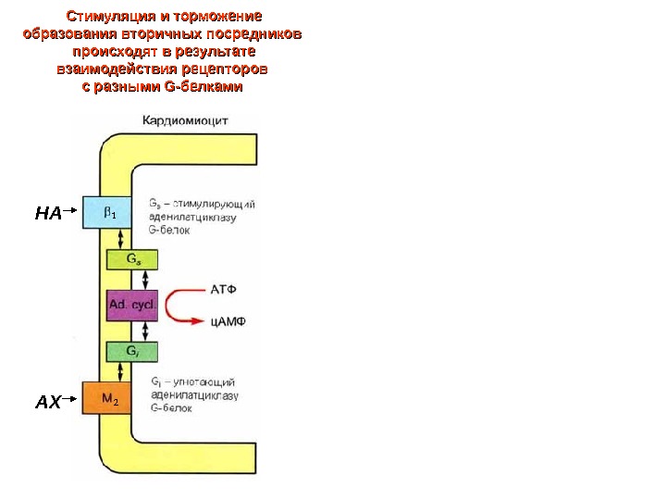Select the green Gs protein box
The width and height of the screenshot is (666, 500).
coord(133,259)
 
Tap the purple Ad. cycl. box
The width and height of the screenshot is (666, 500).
coord(133,305)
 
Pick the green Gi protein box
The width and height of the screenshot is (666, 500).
coord(133,352)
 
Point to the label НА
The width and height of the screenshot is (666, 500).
coord(47,214)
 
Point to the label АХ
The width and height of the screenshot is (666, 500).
coord(47,402)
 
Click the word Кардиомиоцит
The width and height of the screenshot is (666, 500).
coord(185,119)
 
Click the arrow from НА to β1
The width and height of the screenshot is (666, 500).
coord(72,213)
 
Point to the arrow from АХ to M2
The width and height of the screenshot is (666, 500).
coord(72,401)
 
